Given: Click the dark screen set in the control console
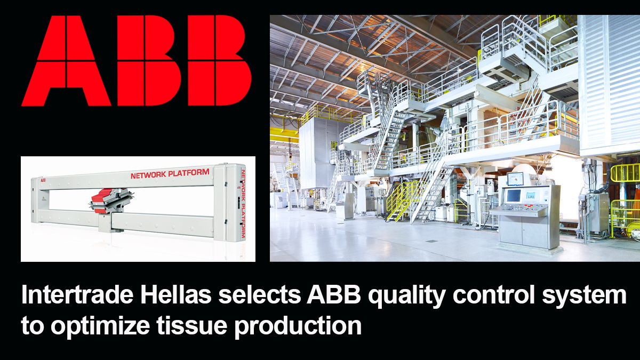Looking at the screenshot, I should [x=514, y=196].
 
